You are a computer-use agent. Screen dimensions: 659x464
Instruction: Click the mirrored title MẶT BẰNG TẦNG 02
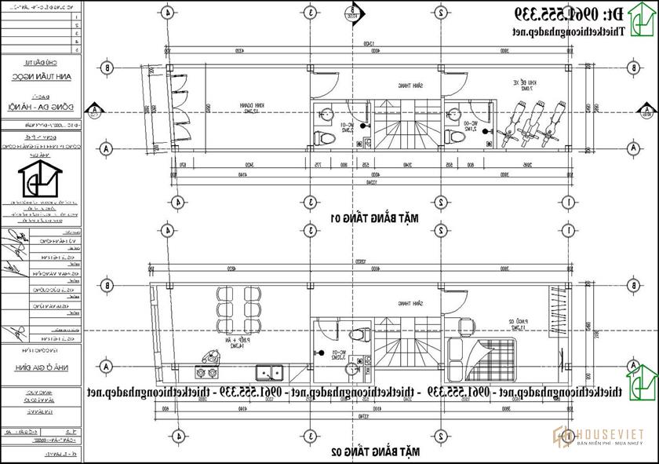pos(386,452)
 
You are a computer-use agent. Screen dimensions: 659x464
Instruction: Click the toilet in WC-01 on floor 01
pos(321,138)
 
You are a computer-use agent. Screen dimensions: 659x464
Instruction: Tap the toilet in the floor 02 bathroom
pos(360,333)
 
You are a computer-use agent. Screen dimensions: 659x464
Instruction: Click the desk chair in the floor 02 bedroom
pos(465,323)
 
